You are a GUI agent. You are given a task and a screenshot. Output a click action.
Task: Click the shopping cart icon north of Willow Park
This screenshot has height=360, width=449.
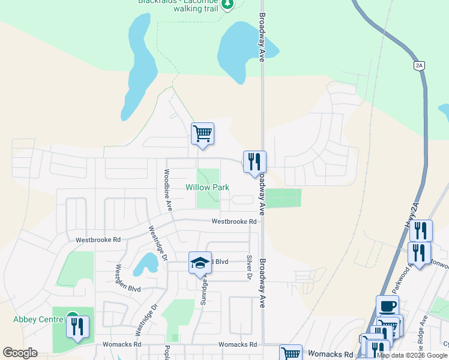click(202, 133)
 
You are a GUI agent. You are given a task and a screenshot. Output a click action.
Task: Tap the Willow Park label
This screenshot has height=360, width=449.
click(207, 188)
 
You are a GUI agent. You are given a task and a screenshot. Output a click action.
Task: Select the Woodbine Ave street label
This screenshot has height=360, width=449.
click(169, 189)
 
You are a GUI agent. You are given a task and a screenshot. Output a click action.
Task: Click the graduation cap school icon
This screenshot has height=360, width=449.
click(200, 262)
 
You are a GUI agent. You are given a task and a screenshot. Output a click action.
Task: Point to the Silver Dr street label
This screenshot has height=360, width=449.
click(249, 266)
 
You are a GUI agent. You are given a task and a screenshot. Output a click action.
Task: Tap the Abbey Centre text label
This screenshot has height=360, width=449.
click(37, 319)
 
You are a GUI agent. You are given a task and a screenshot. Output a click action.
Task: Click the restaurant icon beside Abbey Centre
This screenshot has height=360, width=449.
click(77, 327)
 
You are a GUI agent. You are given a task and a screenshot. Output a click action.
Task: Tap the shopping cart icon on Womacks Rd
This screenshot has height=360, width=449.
click(291, 353)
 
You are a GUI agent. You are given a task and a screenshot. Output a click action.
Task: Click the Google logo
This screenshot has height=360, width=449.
click(20, 353)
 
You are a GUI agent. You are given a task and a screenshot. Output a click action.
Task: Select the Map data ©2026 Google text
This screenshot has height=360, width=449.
click(412, 355)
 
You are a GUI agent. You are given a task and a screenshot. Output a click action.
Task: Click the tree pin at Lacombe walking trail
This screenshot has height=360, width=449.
click(227, 5)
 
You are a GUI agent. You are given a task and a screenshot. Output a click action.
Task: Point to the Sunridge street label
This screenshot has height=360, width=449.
click(204, 290)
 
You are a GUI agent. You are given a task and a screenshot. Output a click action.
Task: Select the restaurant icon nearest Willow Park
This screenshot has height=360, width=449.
click(254, 161)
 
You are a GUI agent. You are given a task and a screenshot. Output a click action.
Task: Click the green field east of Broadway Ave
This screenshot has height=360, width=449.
click(282, 198)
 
